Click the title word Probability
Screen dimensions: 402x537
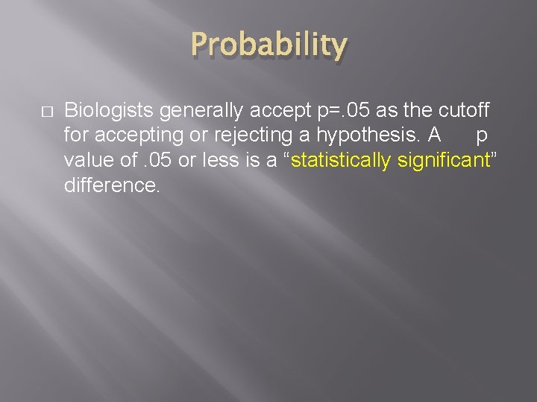click(x=268, y=46)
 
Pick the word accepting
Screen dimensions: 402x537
click(x=133, y=136)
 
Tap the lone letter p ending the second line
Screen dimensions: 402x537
click(x=481, y=137)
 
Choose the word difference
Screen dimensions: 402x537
click(x=112, y=185)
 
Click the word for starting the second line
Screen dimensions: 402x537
click(x=76, y=135)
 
